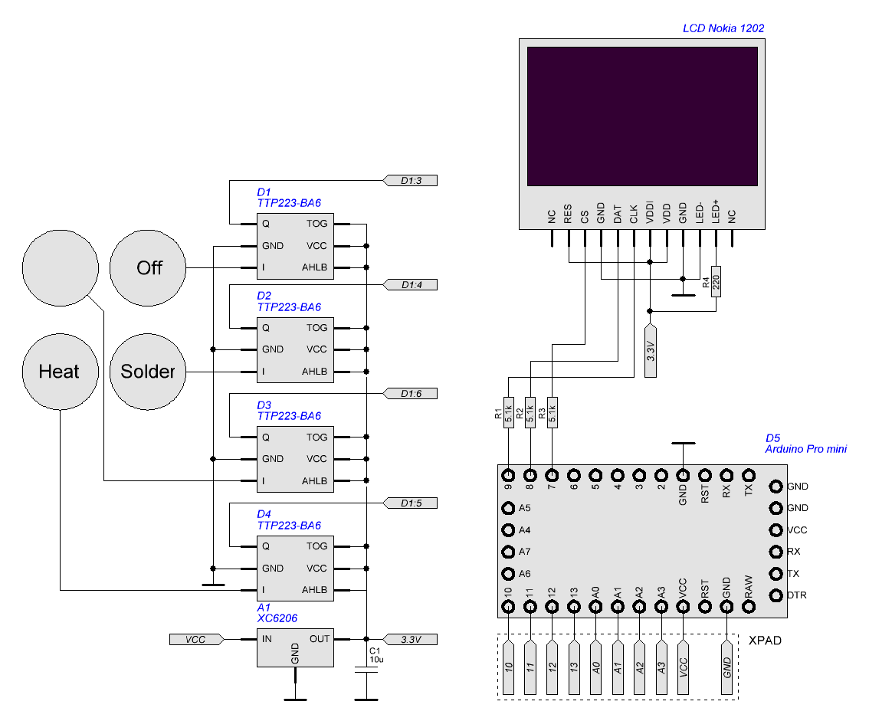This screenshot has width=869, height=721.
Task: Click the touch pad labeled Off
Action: pyautogui.click(x=149, y=268)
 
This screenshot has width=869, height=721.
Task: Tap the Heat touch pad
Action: pyautogui.click(x=60, y=372)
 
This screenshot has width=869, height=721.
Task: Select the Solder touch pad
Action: pyautogui.click(x=149, y=372)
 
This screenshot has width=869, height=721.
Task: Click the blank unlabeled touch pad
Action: pyautogui.click(x=61, y=269)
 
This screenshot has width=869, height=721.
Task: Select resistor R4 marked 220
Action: pyautogui.click(x=717, y=282)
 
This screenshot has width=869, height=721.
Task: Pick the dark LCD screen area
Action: pyautogui.click(x=642, y=116)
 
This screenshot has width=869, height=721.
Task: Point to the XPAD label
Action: pyautogui.click(x=765, y=641)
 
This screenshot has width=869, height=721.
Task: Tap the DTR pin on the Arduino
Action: pyautogui.click(x=775, y=595)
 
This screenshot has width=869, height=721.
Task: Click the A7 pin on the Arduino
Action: pyautogui.click(x=508, y=552)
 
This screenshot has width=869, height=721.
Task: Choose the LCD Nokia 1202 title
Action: pyautogui.click(x=723, y=28)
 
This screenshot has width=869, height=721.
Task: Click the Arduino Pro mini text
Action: pyautogui.click(x=805, y=449)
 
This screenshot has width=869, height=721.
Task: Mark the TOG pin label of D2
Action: pyautogui.click(x=316, y=327)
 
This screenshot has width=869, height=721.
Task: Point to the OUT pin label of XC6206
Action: pyautogui.click(x=320, y=638)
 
